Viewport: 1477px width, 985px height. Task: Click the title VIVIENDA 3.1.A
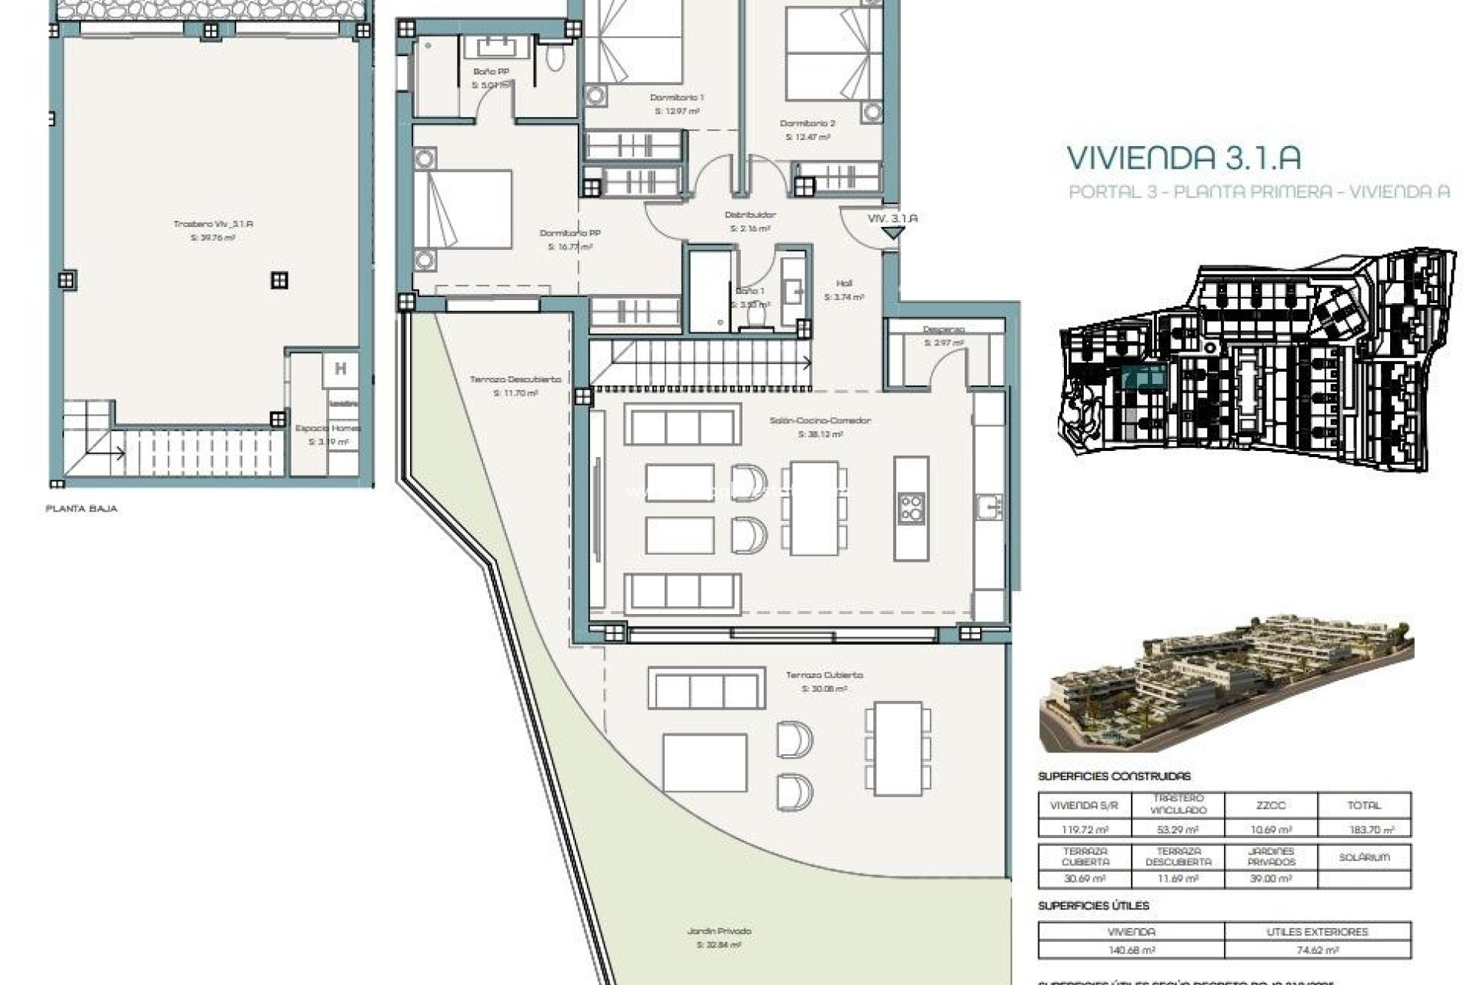pos(1183,158)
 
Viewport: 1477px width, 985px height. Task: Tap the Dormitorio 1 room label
pos(677,98)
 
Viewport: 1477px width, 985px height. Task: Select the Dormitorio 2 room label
pos(807,123)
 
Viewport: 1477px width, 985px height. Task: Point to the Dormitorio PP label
pos(570,232)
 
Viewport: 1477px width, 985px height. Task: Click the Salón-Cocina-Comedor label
pos(809,421)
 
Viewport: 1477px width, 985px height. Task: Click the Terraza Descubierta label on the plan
pos(515,379)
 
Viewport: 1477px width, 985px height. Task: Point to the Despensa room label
pos(944,329)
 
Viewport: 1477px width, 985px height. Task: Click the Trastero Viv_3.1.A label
pos(213,224)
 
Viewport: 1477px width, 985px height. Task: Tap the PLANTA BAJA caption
pos(82,509)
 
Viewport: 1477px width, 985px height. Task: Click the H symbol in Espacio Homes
pos(340,369)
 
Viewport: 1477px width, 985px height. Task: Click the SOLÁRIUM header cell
pos(1364,856)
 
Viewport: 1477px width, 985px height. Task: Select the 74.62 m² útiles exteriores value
pos(1317,950)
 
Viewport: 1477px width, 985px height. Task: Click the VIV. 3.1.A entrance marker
pos(892,219)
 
